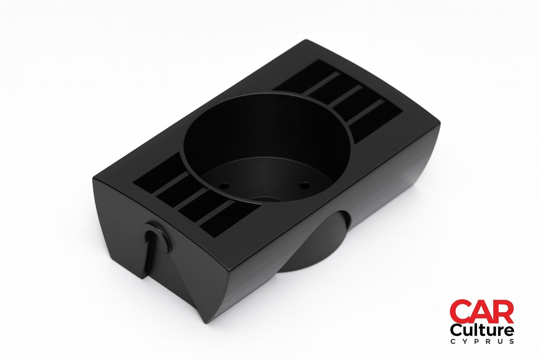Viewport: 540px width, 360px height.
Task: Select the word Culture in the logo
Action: (482, 330)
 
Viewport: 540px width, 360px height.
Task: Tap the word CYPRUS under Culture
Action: (482, 341)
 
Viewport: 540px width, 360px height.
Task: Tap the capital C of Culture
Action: (456, 330)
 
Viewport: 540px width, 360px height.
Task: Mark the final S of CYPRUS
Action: (511, 341)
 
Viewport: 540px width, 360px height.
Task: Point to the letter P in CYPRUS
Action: (475, 341)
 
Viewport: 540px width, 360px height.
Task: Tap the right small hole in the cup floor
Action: (305, 184)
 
